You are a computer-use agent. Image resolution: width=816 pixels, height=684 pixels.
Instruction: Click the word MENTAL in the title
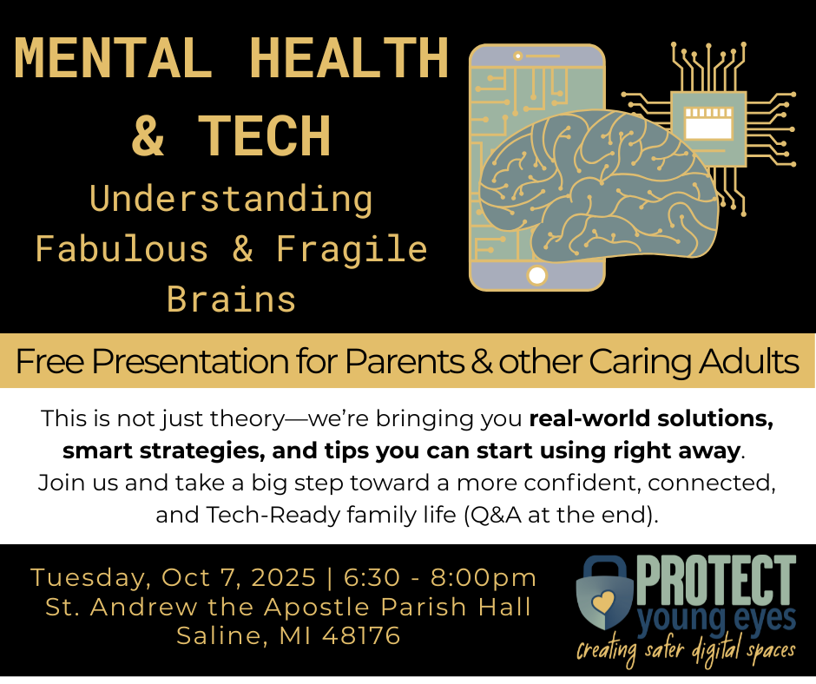point(113,57)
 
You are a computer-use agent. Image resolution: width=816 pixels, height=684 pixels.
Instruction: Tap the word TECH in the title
point(265,135)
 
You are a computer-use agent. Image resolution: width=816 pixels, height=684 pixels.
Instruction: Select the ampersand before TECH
point(148,136)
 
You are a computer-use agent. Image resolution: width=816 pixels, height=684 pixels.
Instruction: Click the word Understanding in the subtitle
point(231,200)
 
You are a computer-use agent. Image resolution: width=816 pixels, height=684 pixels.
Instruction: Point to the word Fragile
point(352,249)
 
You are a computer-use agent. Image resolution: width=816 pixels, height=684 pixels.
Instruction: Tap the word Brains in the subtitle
point(231,299)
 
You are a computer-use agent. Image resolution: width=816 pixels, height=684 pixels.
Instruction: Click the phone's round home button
point(537,275)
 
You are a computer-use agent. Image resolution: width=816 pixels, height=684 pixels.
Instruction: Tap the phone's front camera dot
point(517,56)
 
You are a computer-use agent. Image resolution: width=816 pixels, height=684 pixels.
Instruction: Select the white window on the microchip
point(709,123)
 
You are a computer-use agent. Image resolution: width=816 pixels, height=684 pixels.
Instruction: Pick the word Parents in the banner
point(405,361)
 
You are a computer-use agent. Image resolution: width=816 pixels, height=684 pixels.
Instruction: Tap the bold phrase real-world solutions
point(651,418)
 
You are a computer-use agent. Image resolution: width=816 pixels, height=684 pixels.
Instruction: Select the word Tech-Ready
point(273,515)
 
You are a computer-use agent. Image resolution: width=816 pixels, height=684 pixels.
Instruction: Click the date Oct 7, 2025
point(239,578)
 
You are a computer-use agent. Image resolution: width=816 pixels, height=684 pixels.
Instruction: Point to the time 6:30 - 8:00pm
point(440,578)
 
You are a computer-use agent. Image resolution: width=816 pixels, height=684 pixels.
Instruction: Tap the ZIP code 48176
point(361,635)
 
